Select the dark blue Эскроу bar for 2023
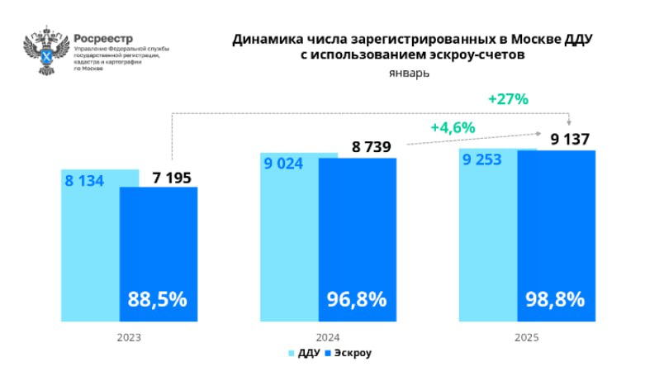click(159, 248)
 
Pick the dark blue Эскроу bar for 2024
click(357, 231)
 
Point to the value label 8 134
click(84, 179)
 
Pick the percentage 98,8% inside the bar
click(555, 299)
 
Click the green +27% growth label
click(508, 98)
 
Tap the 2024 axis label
click(328, 337)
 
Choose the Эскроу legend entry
click(348, 354)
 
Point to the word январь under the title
click(409, 73)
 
